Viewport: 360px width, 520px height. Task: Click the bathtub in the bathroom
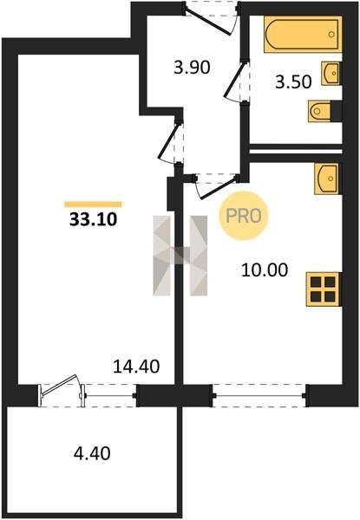point(303,35)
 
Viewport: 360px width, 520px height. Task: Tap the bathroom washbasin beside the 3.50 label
point(331,74)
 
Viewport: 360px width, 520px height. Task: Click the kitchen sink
point(326,179)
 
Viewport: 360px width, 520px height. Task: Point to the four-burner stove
point(324,289)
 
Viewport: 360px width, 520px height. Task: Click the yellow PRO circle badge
point(243,216)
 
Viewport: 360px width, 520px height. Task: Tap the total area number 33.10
point(93,219)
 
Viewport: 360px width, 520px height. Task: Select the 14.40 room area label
point(136,367)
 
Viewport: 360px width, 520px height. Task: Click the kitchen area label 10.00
point(265,270)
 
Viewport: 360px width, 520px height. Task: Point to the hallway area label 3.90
point(192,68)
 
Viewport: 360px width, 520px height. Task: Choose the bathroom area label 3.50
point(294,82)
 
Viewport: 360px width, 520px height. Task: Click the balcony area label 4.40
point(92,453)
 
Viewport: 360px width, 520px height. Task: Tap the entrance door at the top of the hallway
point(211,17)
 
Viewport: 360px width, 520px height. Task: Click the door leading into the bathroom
point(237,81)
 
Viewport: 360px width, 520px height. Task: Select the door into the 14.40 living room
point(171,142)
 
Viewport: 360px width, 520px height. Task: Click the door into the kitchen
point(216,186)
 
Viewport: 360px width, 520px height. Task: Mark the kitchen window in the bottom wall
point(259,395)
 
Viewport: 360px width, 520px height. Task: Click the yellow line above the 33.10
point(93,205)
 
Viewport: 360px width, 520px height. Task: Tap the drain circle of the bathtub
point(331,34)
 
